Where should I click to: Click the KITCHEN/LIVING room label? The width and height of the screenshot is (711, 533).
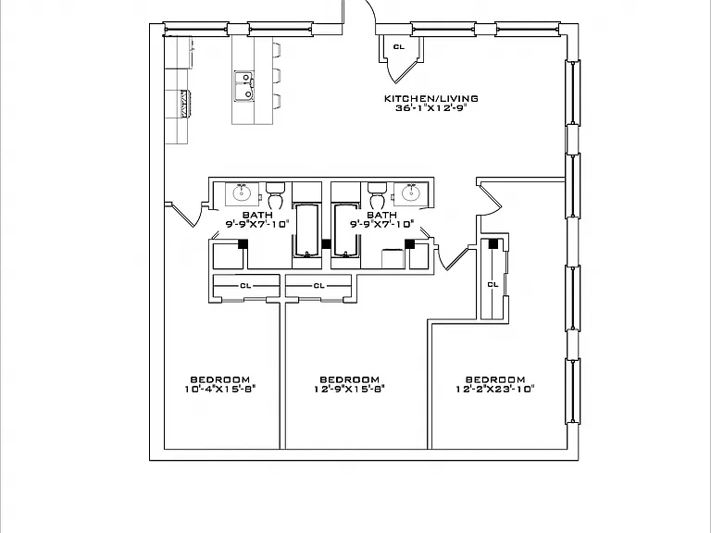[x=430, y=98]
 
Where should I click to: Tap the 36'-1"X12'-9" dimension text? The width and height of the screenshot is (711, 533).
[x=430, y=108]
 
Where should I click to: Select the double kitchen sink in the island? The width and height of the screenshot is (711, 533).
[x=244, y=86]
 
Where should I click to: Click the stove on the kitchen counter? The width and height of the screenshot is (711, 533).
[x=184, y=104]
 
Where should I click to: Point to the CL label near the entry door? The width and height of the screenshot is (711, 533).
[x=399, y=46]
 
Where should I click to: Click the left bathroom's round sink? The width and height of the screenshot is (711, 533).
[x=243, y=193]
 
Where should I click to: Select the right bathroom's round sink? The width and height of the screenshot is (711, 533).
[x=411, y=193]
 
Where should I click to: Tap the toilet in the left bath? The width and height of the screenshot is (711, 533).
[x=275, y=195]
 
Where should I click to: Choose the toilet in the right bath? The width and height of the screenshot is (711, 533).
[x=378, y=195]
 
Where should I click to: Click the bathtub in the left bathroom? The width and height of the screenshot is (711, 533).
[x=308, y=230]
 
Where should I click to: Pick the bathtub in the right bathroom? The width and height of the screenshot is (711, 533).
[x=347, y=230]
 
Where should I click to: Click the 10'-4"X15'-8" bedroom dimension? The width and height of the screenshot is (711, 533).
[x=220, y=389]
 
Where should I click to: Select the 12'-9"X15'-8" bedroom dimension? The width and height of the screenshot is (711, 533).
[x=350, y=389]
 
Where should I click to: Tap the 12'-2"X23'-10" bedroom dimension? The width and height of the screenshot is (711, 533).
[x=495, y=389]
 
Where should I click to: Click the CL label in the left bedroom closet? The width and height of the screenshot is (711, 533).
[x=245, y=286]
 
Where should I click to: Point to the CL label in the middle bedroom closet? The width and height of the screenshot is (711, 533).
[x=318, y=286]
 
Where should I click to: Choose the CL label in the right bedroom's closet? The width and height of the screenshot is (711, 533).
[x=493, y=285]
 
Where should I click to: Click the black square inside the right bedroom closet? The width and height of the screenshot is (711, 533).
[x=493, y=244]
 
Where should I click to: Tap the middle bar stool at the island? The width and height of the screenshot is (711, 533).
[x=277, y=75]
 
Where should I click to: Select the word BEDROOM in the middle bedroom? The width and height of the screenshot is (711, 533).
[x=350, y=379]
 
